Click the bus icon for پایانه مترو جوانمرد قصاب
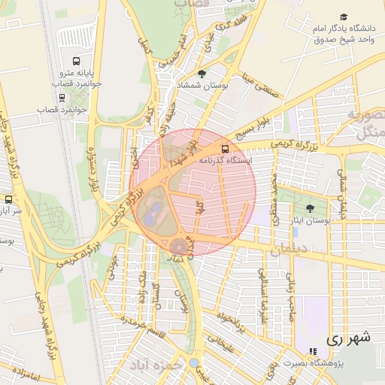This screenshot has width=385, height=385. [75, 61]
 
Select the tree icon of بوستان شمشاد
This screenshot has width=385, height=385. [201, 74]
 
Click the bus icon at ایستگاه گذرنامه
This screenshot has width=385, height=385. [226, 149]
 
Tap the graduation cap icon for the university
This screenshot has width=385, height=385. [344, 17]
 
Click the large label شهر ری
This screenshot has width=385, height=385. [348, 338]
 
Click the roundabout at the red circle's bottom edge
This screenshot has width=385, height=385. [179, 246]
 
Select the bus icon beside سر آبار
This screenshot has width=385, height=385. [8, 200]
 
